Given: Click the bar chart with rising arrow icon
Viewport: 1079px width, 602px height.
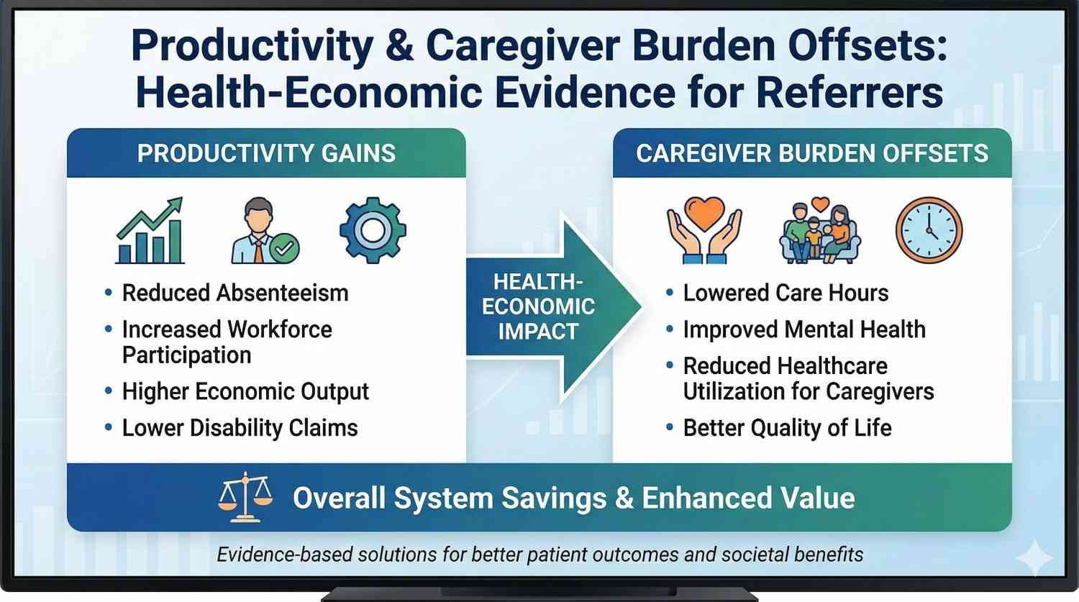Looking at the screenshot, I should (150, 231).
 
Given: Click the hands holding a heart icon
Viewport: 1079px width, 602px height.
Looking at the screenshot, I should (704, 230).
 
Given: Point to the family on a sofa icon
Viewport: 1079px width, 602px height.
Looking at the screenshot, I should (820, 231).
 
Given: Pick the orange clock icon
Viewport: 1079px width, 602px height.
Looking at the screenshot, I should (929, 230).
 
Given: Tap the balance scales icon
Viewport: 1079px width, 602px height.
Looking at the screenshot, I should (245, 497).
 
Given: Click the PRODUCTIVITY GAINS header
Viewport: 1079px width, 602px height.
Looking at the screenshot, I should (266, 153).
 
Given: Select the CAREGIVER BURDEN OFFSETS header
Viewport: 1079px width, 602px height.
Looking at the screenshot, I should (812, 153).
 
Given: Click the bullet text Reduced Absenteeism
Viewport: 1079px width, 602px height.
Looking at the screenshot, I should (235, 293).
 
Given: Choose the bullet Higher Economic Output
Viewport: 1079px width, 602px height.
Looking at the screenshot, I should (245, 391).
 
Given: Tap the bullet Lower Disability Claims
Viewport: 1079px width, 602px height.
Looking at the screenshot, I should (240, 428).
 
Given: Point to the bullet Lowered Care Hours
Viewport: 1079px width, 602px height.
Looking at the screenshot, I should (786, 293).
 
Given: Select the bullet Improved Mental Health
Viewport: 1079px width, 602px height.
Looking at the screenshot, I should (803, 329).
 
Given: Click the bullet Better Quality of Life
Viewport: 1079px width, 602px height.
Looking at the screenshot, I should (787, 428).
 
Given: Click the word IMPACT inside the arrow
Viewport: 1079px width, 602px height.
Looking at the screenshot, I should (538, 332).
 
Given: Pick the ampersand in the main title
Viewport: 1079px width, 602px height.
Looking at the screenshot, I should (399, 46).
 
